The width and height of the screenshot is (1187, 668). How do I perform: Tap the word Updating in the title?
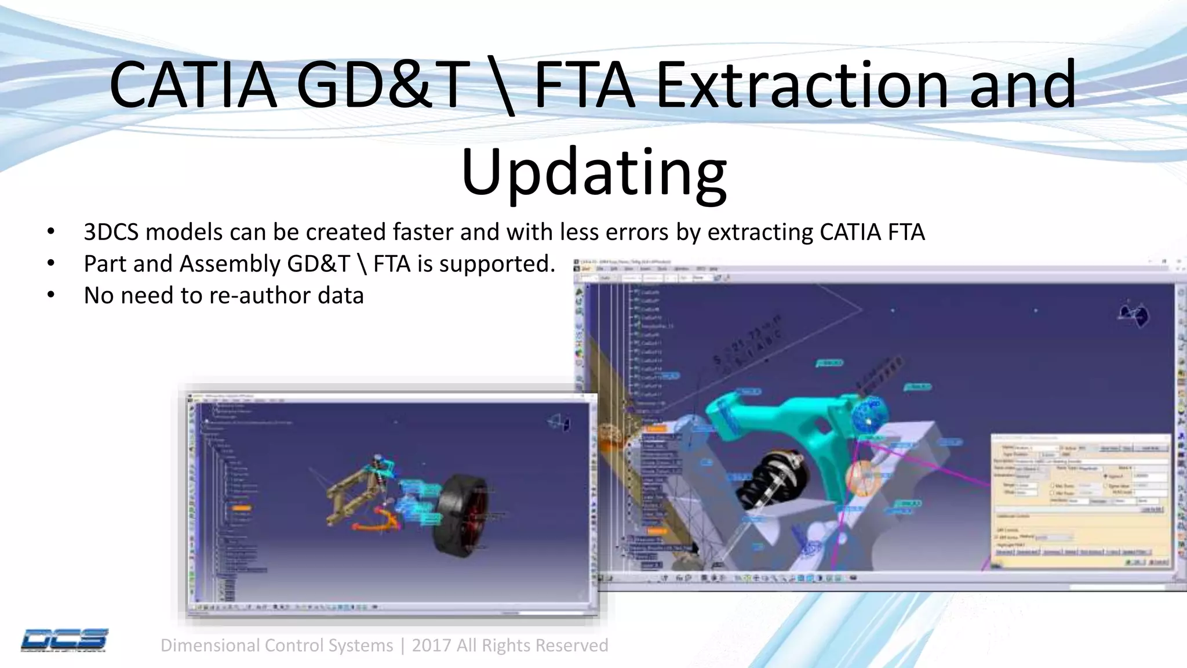point(593,173)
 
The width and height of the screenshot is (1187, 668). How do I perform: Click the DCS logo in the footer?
point(64,640)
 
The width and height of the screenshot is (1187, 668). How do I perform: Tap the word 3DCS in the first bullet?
point(111,232)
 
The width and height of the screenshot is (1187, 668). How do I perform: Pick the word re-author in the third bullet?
point(260,296)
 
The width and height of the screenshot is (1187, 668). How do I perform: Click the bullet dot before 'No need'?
point(51,296)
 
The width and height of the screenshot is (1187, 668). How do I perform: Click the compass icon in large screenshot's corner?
point(1133,314)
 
